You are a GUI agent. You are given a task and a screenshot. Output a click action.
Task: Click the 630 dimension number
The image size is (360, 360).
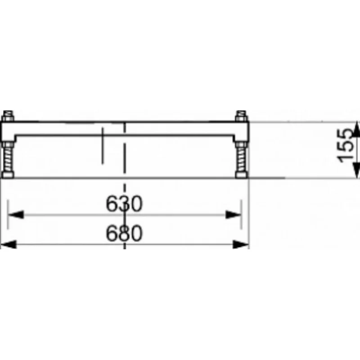pyautogui.click(x=124, y=204)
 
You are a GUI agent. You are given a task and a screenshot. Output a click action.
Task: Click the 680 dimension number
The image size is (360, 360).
pyautogui.click(x=124, y=233)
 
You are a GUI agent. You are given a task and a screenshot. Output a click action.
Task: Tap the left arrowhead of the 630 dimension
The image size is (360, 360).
pyautogui.click(x=16, y=215)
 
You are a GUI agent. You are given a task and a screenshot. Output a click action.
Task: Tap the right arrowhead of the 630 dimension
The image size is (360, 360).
pyautogui.click(x=233, y=215)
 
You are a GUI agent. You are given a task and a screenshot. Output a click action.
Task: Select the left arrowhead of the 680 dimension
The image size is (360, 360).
pyautogui.click(x=8, y=244)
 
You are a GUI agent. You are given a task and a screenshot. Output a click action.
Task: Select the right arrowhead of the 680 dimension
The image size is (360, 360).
pyautogui.click(x=241, y=244)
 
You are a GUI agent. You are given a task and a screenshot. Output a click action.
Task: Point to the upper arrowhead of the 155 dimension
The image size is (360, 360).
pyautogui.click(x=356, y=130)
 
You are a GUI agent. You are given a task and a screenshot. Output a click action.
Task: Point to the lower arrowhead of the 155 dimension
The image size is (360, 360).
pyautogui.click(x=356, y=170)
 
